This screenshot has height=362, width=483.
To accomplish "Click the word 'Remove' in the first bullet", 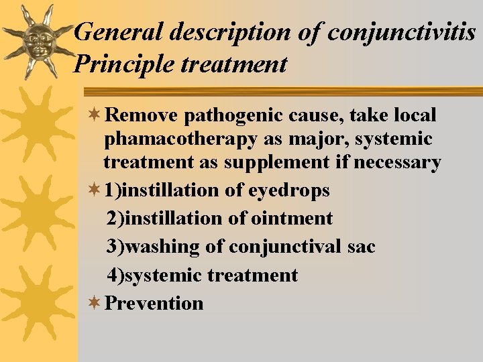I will pos(142,115).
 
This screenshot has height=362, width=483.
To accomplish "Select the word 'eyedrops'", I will pos(289,190).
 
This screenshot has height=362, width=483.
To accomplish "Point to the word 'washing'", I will pos(163,247).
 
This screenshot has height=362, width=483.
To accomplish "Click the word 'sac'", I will pos(362,247).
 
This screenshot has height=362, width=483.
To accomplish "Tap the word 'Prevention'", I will pos(154,303).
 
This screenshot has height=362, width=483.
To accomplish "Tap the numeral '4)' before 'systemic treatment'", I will pos(115,275).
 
